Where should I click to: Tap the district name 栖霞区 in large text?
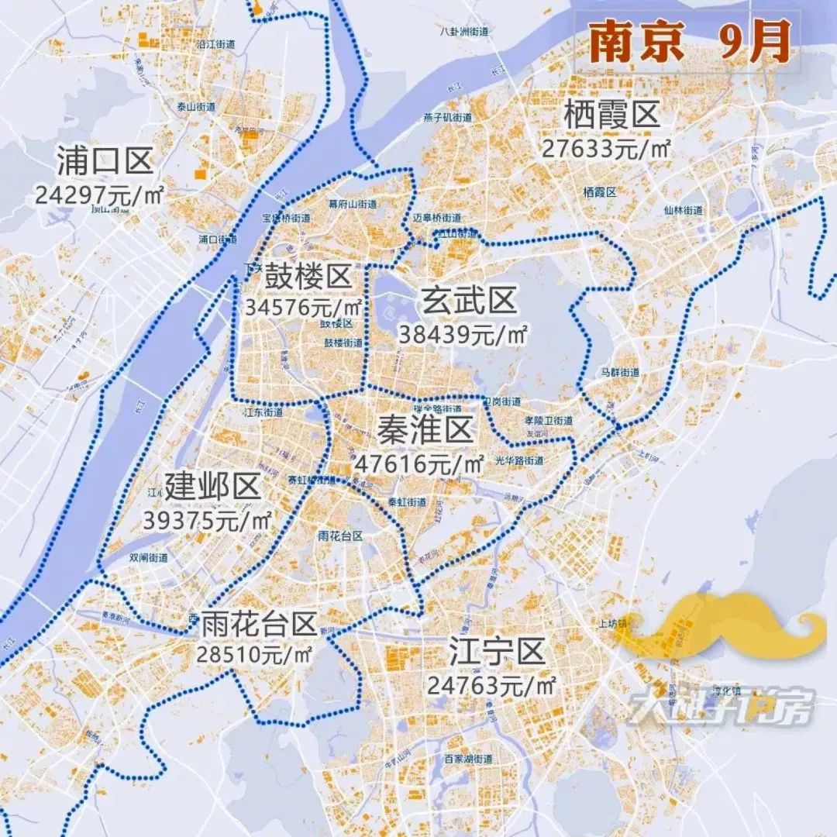611,116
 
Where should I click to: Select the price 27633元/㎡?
606,148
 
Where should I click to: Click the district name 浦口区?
105,163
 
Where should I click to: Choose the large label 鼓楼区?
308,275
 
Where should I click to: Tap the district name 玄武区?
469,301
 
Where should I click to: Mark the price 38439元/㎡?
463,334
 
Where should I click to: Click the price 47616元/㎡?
419,463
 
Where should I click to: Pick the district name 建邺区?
212,488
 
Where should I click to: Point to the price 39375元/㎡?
208,520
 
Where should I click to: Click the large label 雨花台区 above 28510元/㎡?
259,622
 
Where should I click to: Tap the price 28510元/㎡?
254,653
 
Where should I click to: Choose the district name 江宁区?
498,653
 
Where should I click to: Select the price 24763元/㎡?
492,685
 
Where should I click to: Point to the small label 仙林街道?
683,210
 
